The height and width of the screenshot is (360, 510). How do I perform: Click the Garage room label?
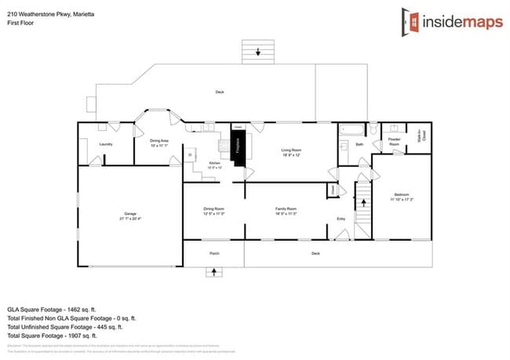(x=129, y=214)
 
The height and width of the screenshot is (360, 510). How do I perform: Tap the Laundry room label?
(x=106, y=144)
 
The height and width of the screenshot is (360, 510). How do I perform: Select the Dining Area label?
(x=159, y=142)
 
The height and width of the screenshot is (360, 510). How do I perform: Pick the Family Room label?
(x=286, y=209)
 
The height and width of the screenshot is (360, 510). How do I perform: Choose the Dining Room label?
(x=214, y=209)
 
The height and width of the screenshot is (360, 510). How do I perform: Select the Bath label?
(x=359, y=144)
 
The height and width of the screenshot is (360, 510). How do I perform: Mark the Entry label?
(x=341, y=218)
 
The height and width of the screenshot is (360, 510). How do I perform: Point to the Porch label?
(x=214, y=253)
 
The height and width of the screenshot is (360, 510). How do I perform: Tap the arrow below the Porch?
(x=214, y=272)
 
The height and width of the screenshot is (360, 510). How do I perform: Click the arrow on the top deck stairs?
(x=258, y=53)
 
